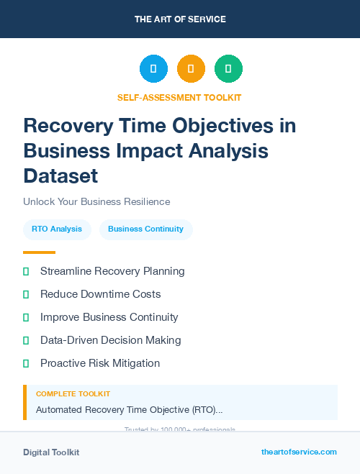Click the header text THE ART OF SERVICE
180,19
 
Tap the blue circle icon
153,69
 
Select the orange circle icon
191,69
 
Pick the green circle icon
228,69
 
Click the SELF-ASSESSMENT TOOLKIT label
179,97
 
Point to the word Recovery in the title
67,126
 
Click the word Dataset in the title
60,176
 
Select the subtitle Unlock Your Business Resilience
96,201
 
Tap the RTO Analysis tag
57,229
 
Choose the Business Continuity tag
145,229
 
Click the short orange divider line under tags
39,252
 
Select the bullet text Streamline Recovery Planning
112,271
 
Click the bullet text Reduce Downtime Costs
100,294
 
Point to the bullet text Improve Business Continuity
109,317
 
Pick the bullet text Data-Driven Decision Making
110,340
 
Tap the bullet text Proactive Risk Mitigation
99,363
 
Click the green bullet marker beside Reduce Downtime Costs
26,294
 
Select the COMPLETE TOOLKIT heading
73,394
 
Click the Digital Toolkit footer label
51,452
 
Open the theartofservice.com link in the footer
299,452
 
